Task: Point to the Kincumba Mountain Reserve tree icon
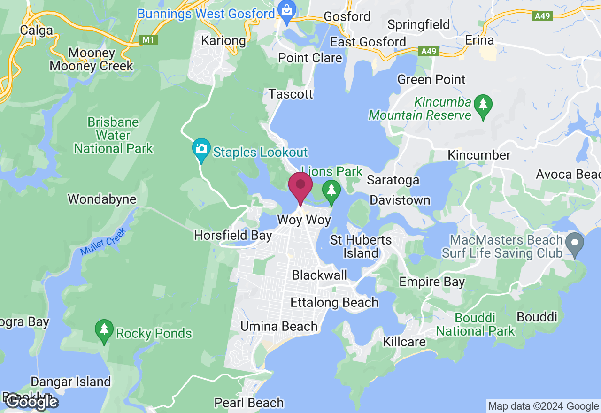pos(483,106)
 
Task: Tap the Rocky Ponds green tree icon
pos(104,330)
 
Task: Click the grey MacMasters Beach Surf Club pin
pos(574,245)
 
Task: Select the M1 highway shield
pos(148,40)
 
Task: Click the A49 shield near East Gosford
pos(429,51)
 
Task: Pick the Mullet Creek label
pos(103,242)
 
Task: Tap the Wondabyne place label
pos(102,199)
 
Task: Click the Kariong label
pos(223,41)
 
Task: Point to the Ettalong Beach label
pos(334,302)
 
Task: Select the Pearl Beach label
pos(249,403)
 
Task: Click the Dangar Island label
pos(71,382)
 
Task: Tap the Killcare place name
pos(404,341)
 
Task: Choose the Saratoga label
pos(393,180)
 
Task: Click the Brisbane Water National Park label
pos(113,136)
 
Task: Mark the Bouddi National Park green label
pos(475,324)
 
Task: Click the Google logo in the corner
pos(31,402)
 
